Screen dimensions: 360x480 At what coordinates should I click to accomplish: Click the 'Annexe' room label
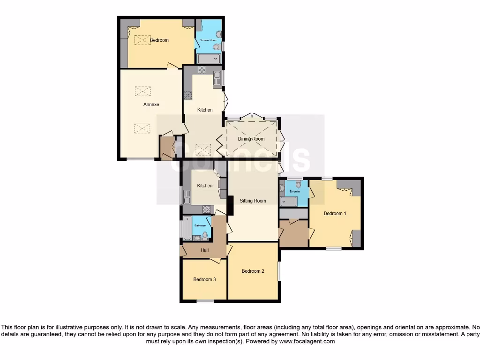tap(151, 105)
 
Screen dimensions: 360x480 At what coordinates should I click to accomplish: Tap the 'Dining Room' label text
tap(251, 139)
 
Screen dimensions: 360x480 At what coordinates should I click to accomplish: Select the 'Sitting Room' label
tap(253, 201)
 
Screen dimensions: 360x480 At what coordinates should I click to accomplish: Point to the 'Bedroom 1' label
tap(335, 213)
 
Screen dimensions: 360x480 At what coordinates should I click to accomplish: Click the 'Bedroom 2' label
tap(253, 271)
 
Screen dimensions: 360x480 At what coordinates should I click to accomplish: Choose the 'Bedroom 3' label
tap(204, 279)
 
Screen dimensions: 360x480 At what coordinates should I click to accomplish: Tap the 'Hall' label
tap(205, 250)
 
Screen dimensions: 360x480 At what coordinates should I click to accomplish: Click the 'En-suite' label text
tap(294, 192)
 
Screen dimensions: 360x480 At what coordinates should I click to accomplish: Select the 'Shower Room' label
tap(208, 41)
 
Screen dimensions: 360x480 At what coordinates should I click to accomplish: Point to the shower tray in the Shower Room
tap(208, 59)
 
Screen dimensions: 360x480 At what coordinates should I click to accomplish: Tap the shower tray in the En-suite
tap(289, 202)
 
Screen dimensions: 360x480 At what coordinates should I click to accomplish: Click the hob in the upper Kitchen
tap(202, 70)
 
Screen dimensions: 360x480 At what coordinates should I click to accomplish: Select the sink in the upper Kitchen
tap(217, 79)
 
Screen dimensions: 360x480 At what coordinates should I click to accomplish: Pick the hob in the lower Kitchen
tap(207, 210)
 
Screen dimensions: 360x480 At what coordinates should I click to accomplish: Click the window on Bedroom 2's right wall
tap(280, 271)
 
